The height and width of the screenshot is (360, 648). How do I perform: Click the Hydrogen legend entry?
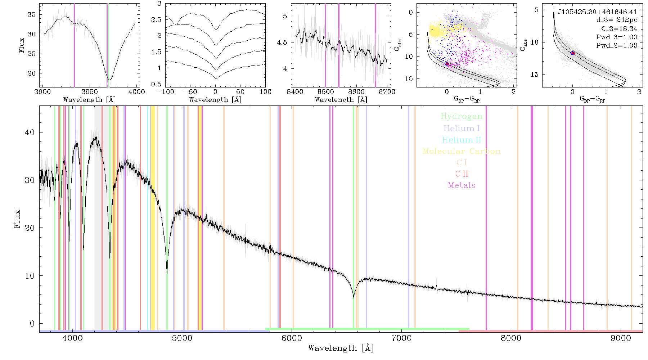(461, 116)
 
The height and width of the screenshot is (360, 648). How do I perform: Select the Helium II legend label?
(462, 140)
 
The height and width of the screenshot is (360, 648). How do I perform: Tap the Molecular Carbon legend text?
(462, 151)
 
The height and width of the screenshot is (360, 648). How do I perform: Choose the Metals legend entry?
(462, 185)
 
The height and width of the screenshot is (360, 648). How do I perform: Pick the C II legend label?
(462, 174)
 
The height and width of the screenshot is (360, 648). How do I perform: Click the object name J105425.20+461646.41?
(597, 12)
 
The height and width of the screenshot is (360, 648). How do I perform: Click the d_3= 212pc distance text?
(616, 20)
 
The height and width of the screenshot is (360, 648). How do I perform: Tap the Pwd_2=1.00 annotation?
(617, 45)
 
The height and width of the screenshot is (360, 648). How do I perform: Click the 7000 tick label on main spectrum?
(401, 338)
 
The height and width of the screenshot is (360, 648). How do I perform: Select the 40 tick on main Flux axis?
(30, 132)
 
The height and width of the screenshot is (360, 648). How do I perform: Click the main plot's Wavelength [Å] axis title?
(341, 348)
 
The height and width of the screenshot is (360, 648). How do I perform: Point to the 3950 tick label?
(90, 91)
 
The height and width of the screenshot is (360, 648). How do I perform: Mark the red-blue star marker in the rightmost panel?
(572, 53)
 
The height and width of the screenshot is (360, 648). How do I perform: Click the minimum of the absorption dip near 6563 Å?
(354, 298)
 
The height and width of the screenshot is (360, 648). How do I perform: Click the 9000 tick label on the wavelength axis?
(620, 338)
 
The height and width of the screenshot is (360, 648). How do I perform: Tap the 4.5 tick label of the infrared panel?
(282, 42)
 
